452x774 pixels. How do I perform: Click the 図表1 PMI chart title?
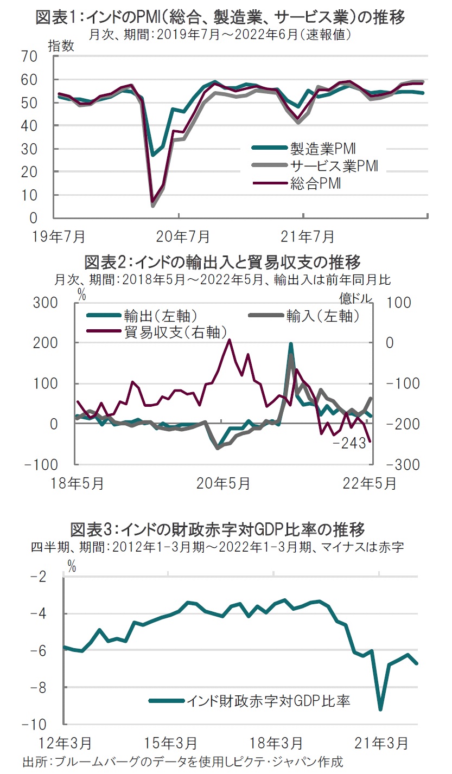(x=220, y=17)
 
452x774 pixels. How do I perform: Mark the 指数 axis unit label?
(x=61, y=46)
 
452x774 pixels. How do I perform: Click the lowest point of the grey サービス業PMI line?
(x=153, y=206)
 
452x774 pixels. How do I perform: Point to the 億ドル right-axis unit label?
(x=356, y=297)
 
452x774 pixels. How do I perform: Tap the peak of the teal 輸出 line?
(x=291, y=344)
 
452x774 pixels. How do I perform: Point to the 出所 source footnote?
(x=182, y=762)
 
